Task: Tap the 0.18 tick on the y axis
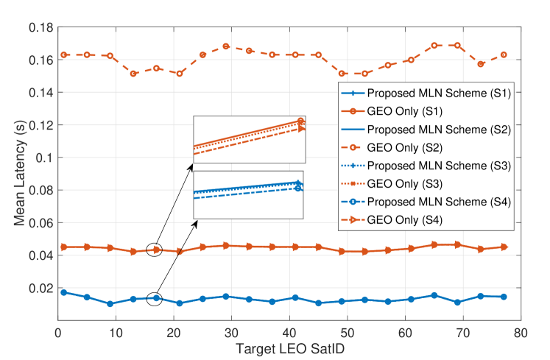click(40, 28)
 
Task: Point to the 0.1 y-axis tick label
click(45, 158)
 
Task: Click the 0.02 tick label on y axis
click(40, 288)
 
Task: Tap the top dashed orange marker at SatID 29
click(226, 46)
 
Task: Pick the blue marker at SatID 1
click(63, 292)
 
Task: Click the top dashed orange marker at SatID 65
click(434, 45)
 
